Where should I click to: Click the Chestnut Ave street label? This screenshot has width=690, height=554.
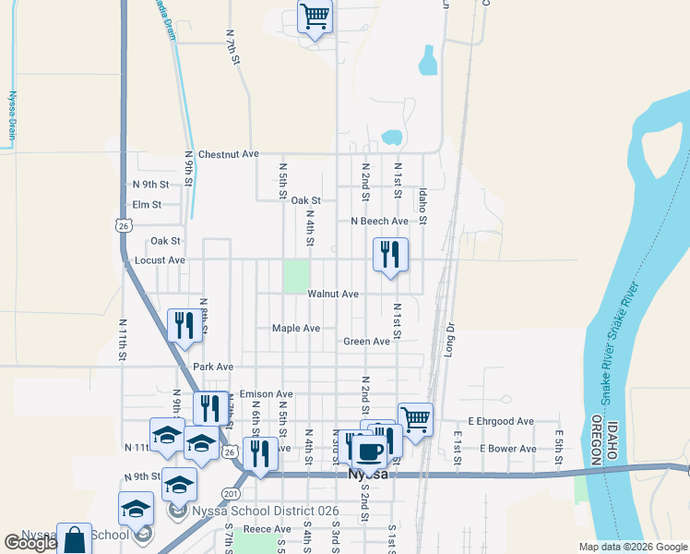point(229,154)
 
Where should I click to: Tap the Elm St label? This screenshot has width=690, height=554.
point(147,204)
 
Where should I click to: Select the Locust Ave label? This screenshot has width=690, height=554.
point(160,260)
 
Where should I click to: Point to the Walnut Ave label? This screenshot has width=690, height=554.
point(333,294)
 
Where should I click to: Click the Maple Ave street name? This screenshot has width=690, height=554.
point(296,328)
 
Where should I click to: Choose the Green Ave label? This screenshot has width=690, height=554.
point(366,342)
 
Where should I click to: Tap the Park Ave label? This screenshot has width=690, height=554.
point(213,367)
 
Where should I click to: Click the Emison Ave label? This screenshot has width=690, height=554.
point(266,394)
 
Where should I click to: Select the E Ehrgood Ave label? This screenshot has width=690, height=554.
point(500,421)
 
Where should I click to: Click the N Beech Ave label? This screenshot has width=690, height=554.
point(378,222)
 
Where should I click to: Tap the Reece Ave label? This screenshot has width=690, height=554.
point(267,529)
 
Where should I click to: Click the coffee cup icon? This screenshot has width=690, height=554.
point(369,452)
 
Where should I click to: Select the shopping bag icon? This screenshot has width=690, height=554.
point(76,539)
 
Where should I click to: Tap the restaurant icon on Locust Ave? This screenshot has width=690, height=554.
point(390,254)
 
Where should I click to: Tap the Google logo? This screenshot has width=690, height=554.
point(30,543)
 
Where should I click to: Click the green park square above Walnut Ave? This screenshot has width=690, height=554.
point(295,275)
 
